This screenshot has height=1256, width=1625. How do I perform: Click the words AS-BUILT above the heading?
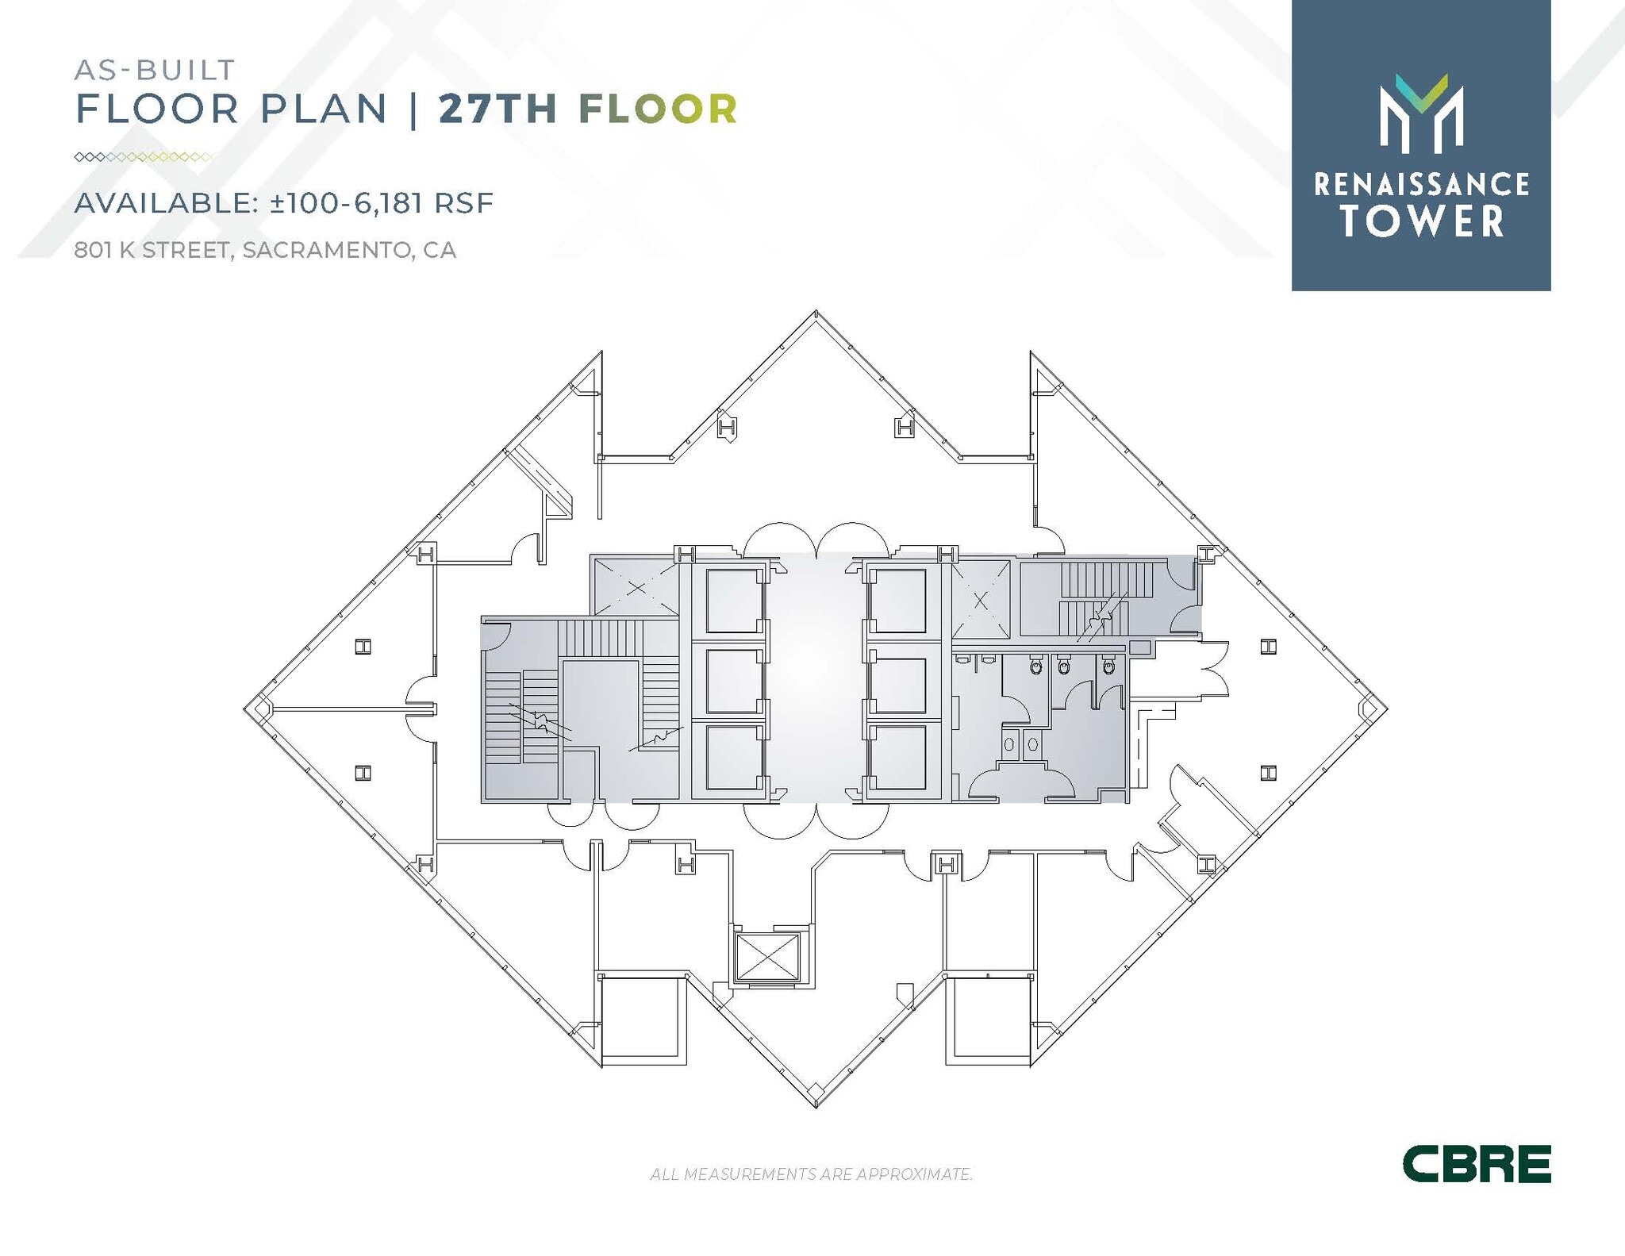point(155,70)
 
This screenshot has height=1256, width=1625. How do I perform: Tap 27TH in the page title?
point(497,109)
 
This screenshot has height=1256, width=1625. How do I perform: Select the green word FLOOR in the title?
point(658,109)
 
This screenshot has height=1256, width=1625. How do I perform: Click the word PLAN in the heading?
point(323,109)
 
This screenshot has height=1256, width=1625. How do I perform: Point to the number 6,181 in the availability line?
point(387,203)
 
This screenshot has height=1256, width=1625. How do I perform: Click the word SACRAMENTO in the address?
point(327,250)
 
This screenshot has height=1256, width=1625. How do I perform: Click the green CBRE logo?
point(1476,1164)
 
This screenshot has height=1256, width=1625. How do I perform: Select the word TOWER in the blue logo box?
point(1422,221)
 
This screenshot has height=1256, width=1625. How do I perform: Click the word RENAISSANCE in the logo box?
point(1421,185)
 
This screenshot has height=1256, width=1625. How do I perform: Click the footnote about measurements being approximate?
point(811,1173)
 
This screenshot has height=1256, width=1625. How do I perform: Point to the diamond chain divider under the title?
point(143,157)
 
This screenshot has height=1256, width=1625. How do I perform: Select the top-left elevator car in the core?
point(732,600)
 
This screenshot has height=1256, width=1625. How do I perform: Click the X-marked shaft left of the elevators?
point(636,587)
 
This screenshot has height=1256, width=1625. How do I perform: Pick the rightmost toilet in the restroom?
point(1108,666)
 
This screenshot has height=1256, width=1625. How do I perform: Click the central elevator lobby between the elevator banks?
point(815,678)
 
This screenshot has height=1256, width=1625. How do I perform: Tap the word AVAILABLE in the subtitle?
point(165,203)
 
